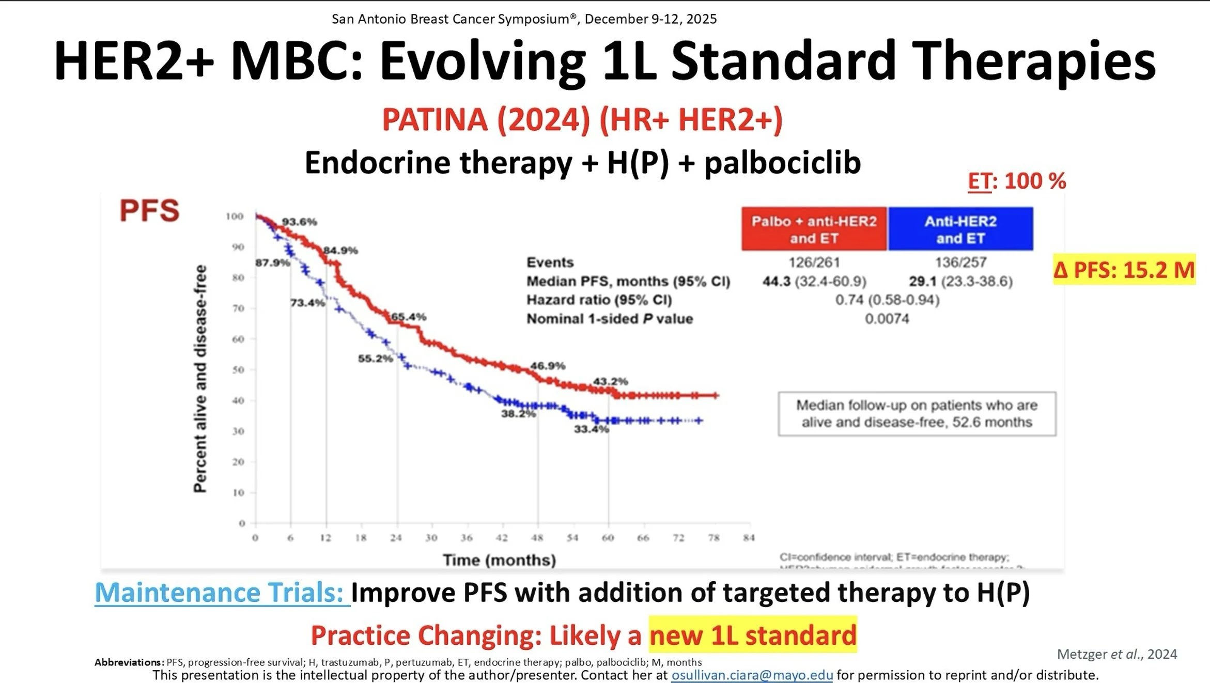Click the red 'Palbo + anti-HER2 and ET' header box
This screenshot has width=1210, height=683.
pos(814,229)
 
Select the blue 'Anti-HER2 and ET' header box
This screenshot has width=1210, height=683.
pos(960,229)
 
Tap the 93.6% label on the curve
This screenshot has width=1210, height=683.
pos(299,222)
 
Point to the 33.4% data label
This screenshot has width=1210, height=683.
pos(591,429)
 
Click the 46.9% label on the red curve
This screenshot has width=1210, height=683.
pos(548,366)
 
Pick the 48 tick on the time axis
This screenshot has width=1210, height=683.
pos(537,538)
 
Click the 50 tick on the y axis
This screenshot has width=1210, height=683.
pos(238,370)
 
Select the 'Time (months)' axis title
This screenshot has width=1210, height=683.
pos(499,560)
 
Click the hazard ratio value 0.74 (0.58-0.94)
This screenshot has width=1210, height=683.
pos(887,300)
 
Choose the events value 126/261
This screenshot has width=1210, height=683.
pos(814,262)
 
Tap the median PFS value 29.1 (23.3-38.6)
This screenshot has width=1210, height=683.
pos(960,282)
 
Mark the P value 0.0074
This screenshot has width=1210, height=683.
pos(887,319)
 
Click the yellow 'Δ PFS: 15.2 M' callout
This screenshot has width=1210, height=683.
pos(1124,270)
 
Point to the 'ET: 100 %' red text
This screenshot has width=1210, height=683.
pos(1017,181)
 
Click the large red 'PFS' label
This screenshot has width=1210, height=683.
pos(149,211)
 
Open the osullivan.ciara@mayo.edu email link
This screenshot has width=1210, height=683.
pos(752,675)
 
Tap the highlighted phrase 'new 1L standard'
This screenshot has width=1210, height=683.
pos(753,635)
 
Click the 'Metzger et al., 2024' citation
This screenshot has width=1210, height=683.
pos(1117,654)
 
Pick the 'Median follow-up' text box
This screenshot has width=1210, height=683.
pos(917,414)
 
